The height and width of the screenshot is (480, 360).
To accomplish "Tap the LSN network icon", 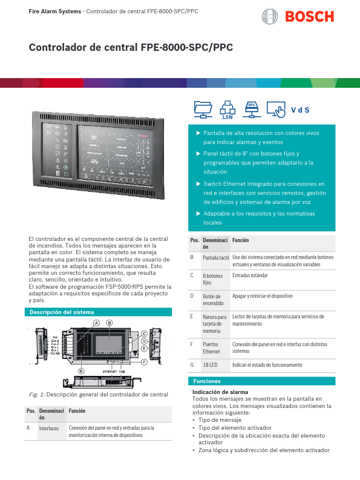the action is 227,110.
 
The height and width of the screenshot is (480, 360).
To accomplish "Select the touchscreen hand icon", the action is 277,110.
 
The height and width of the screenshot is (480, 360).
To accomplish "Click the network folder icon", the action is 203,109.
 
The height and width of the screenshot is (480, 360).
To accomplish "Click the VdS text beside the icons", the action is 300,110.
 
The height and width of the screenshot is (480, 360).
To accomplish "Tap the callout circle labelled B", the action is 110,323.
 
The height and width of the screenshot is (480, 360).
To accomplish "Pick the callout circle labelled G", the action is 82,370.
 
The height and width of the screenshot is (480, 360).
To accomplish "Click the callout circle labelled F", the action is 145,363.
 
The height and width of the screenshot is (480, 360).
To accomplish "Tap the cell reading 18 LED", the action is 210,365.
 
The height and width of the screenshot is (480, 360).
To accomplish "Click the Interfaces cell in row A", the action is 49,428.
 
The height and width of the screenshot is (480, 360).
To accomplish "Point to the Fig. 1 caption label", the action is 38,395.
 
